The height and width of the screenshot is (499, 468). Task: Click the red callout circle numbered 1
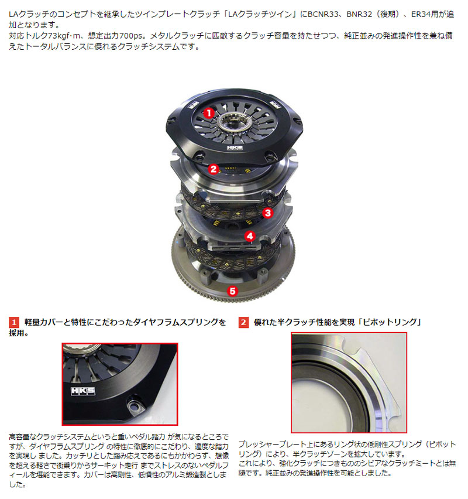[208, 112]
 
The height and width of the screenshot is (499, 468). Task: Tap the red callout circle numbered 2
[214, 170]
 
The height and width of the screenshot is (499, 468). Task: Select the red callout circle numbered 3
[267, 213]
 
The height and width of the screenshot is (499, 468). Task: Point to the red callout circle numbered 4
[250, 237]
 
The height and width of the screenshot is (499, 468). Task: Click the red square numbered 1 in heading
[14, 322]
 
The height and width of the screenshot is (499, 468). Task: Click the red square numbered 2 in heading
[243, 322]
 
